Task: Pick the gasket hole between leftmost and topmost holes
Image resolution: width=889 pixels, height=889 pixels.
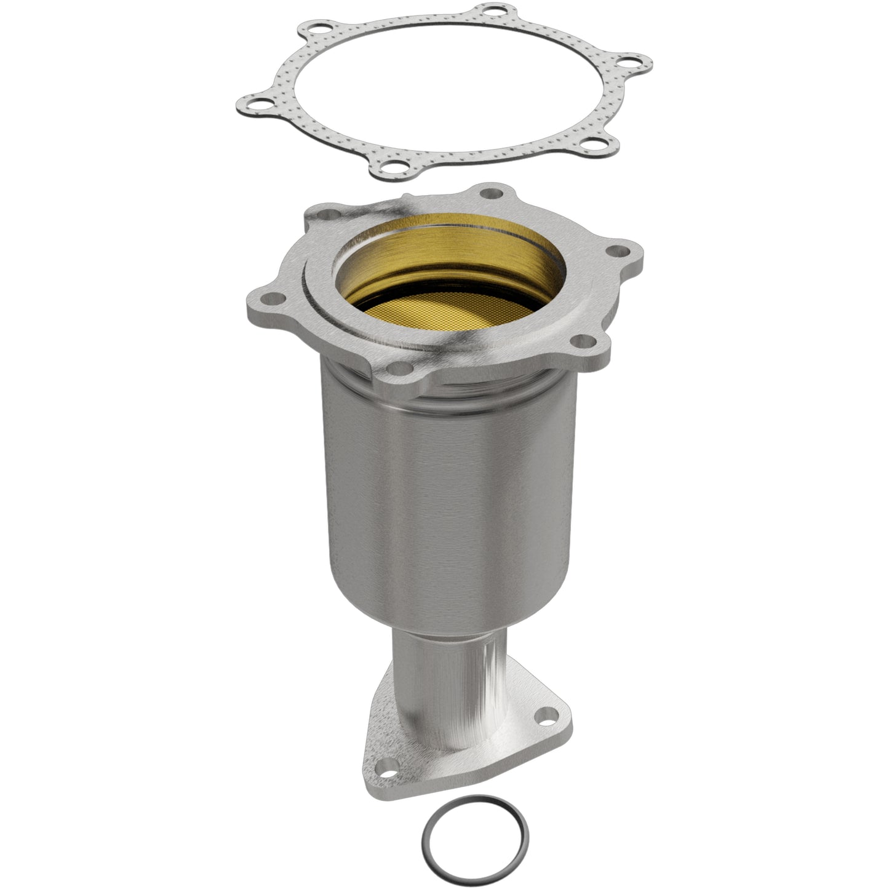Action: tap(308, 29)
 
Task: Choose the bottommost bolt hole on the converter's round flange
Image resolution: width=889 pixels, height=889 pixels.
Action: tap(401, 369)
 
